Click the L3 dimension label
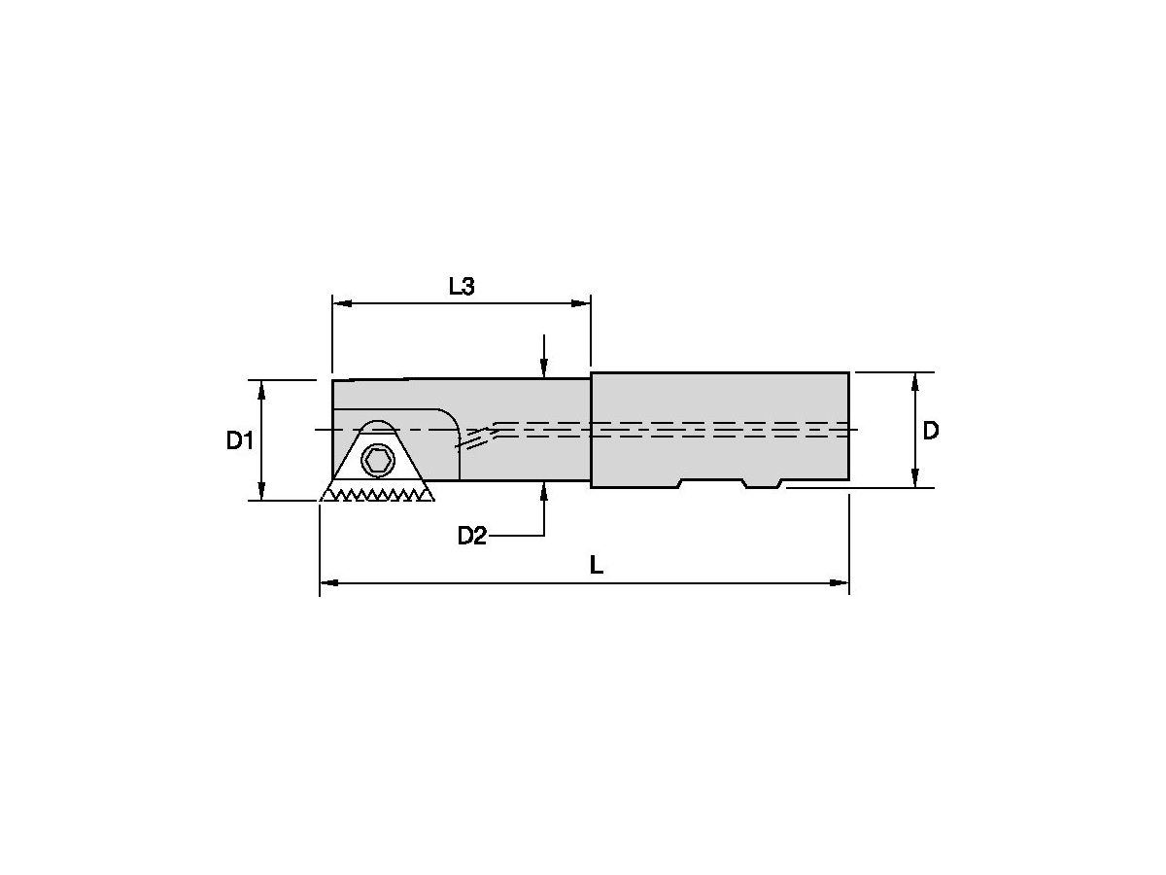(461, 286)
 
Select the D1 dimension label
(240, 440)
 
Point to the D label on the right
(930, 430)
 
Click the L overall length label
(597, 565)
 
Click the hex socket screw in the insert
(377, 460)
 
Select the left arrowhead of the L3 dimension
(340, 304)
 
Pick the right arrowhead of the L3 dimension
(583, 304)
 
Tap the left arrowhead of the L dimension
(327, 583)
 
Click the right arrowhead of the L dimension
(841, 583)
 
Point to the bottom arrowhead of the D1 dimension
(261, 493)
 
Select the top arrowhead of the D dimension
(914, 379)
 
